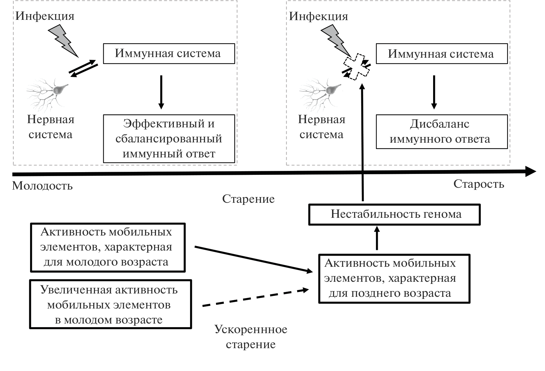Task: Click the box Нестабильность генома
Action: [x=394, y=214]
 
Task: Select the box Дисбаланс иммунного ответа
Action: [x=442, y=132]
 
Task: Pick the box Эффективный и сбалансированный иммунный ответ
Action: [x=169, y=138]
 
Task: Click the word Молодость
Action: [x=42, y=186]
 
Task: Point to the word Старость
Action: [x=479, y=184]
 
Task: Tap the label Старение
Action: [x=248, y=199]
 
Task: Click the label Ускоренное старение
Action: [x=251, y=337]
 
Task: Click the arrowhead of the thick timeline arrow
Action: [x=531, y=172]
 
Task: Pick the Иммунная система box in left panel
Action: [x=169, y=53]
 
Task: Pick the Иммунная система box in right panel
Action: [x=442, y=54]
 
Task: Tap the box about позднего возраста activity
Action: [x=394, y=278]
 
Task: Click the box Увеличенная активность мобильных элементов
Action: [x=110, y=304]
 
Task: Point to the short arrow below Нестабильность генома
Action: [x=377, y=238]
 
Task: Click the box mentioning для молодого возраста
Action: [x=108, y=247]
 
